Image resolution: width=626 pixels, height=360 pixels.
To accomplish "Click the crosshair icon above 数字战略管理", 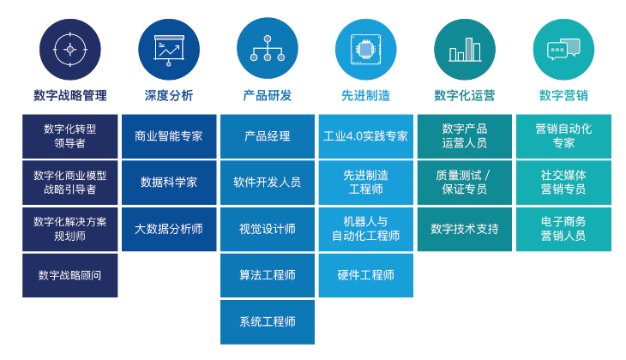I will tap(69, 49).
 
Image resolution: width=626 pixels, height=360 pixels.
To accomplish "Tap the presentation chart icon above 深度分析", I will tap(168, 49).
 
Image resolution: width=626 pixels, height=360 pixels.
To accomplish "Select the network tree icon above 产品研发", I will tap(267, 49).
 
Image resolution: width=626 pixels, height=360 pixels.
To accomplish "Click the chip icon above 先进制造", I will tap(365, 49).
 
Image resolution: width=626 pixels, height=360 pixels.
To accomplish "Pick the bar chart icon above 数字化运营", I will tap(465, 49).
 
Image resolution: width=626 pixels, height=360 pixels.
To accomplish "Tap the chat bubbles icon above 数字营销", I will tap(563, 49).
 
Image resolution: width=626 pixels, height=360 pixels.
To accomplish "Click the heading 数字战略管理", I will tap(69, 95).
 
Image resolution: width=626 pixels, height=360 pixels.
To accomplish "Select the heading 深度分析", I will tap(168, 95).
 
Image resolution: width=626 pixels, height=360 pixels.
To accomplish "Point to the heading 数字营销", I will tap(563, 95).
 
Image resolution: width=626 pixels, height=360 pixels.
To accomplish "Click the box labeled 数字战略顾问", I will tap(69, 275).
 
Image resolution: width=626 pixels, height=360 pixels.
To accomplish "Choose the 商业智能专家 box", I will tap(168, 136).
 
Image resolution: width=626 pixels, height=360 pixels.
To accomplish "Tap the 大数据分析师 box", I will tap(168, 229).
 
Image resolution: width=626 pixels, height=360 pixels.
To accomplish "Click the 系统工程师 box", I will tap(267, 321).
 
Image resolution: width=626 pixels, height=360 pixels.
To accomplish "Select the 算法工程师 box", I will tap(267, 275).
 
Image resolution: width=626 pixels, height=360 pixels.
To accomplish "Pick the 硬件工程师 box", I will tap(365, 275).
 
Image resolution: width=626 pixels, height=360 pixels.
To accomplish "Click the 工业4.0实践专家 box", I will tap(365, 136).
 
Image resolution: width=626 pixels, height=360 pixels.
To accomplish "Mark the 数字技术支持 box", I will tap(465, 229).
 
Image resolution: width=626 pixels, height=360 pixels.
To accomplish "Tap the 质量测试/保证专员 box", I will tap(465, 183).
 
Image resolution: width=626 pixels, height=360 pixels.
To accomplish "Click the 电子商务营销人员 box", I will tap(563, 229).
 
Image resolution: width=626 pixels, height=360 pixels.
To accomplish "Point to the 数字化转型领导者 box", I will tap(69, 136).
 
